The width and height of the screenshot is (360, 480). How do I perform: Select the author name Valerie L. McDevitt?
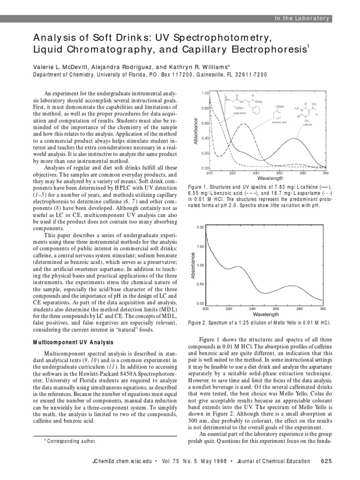point(63,67)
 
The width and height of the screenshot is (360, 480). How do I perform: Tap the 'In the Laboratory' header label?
point(303,18)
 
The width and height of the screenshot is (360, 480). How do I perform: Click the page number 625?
point(326,461)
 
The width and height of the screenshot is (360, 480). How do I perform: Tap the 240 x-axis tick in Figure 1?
point(256,172)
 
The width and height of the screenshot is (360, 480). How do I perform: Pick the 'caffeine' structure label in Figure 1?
point(308,126)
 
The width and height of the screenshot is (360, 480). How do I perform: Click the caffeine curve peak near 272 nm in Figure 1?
point(294,138)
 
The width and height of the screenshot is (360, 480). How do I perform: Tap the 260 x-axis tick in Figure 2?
point(276,308)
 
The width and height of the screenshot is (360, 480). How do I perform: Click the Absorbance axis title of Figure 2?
point(192,265)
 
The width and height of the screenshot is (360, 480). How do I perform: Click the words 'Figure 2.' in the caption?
point(198,323)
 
